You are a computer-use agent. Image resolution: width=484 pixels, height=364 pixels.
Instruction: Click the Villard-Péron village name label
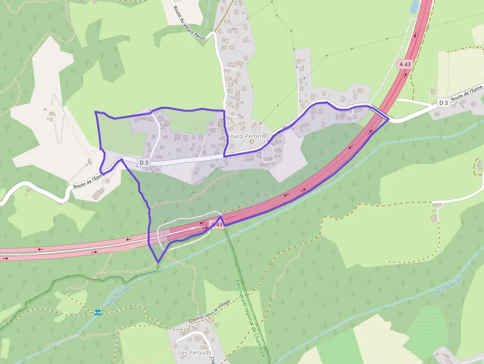243,136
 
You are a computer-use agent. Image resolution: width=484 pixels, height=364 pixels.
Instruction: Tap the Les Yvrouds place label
195,353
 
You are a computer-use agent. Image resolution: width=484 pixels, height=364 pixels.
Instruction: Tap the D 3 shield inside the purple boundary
144,162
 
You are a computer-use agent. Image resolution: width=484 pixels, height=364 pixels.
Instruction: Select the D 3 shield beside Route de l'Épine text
443,103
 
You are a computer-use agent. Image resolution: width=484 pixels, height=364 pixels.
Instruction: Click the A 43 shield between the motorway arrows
404,64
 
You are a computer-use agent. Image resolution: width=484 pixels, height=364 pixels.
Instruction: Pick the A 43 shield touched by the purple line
217,224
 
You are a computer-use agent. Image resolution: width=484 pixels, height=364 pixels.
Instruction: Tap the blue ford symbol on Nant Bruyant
98,312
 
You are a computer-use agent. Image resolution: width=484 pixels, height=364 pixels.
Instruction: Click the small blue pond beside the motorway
414,6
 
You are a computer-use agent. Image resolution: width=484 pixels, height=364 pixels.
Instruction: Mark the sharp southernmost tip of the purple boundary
158,262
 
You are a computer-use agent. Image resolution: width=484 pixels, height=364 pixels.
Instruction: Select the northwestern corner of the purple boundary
95,113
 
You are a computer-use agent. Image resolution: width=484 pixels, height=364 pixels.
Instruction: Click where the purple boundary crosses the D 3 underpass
388,119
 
